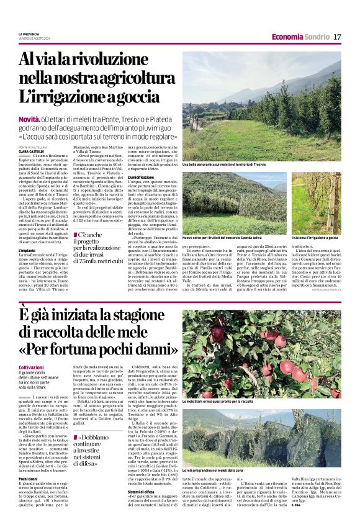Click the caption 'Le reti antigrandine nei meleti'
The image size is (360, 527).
click(x=217, y=472)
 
